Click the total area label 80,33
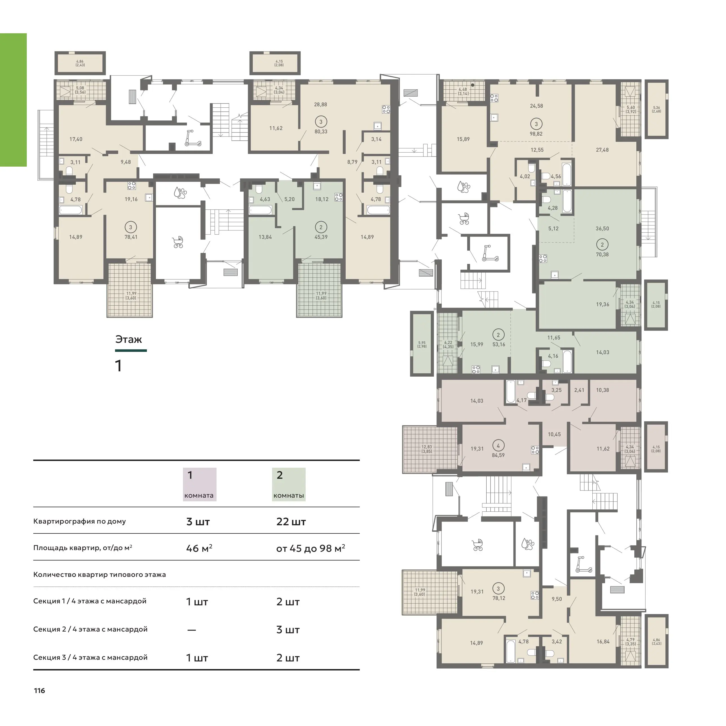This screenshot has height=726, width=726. [321, 131]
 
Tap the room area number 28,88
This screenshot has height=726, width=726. [321, 105]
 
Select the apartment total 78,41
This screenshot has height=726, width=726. [131, 237]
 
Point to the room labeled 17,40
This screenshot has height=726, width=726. [76, 139]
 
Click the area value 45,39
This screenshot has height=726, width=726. [321, 237]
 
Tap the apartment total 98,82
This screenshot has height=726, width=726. [536, 134]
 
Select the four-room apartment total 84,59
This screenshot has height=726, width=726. [498, 455]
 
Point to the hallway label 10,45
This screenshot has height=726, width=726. [554, 434]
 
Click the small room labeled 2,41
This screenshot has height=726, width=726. [579, 390]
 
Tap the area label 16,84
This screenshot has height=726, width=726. [603, 641]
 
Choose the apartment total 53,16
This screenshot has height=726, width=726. [499, 344]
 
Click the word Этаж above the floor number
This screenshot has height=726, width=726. [129, 339]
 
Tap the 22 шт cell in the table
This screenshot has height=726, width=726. [291, 522]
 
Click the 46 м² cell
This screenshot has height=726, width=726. [199, 548]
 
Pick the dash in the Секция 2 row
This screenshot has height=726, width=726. [192, 630]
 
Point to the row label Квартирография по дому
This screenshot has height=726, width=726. [80, 522]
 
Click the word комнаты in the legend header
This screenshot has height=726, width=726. [289, 495]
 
